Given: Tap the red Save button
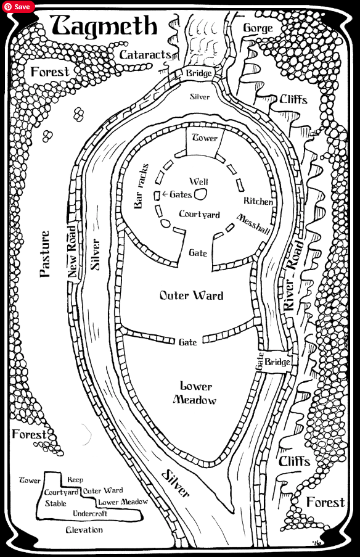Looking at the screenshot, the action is click(x=18, y=7).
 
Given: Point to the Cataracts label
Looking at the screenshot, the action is click(x=145, y=55).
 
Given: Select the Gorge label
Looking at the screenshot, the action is click(x=258, y=28).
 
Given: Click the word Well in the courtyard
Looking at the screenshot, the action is click(x=199, y=181).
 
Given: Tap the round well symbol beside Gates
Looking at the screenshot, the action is click(x=200, y=194).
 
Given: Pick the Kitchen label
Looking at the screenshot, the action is click(x=258, y=201).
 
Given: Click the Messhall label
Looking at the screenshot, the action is click(x=253, y=224).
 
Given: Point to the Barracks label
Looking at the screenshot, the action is click(x=141, y=186).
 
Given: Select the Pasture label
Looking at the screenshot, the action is click(x=45, y=254).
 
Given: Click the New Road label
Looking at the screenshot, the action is click(x=72, y=252).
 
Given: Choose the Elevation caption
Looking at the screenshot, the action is click(x=84, y=530).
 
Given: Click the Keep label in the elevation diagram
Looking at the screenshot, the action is click(x=75, y=480).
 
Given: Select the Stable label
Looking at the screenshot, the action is click(x=55, y=503).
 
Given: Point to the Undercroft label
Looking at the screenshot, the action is click(x=90, y=514).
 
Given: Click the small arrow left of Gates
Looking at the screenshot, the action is click(x=165, y=194).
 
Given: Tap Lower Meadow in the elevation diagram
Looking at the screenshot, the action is click(x=123, y=502).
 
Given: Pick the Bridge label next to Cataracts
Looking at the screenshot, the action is click(x=199, y=73).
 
